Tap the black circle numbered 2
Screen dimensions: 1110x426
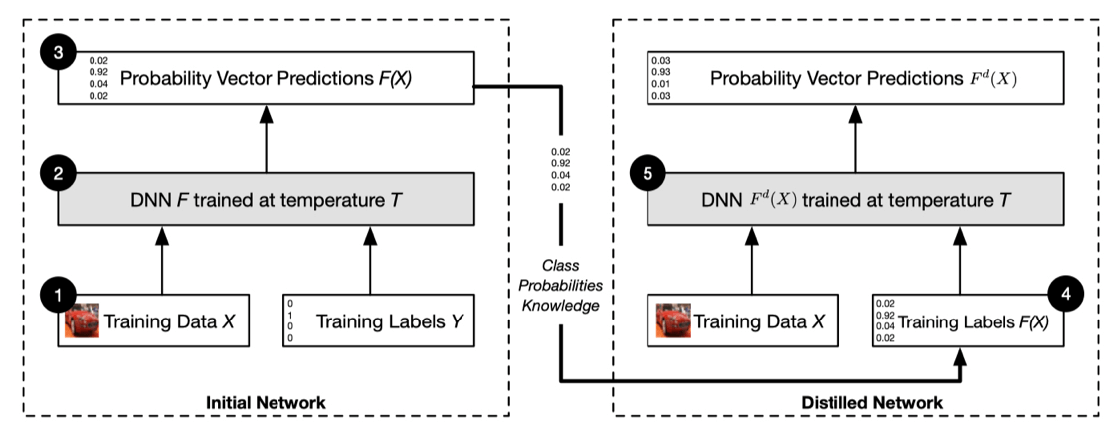59,173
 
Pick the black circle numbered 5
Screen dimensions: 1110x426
648,173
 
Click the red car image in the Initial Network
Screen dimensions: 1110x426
83,321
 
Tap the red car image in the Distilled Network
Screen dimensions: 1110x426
673,321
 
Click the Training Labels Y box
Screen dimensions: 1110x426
378,321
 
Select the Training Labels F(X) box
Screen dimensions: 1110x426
969,321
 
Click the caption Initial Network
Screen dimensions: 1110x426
266,403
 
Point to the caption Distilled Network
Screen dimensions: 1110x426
871,403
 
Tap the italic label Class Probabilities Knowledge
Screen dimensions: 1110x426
561,286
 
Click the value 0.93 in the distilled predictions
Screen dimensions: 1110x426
661,73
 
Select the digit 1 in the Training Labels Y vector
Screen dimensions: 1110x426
290,315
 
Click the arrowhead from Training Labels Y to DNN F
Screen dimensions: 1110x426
370,235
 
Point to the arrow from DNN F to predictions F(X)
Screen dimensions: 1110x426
267,138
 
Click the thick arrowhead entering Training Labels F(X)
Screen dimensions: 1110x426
960,356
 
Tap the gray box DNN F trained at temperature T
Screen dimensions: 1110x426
266,199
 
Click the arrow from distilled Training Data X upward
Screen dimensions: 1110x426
752,260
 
